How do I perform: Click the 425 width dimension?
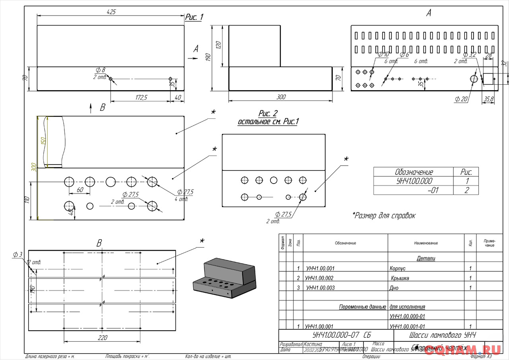[x=111, y=12]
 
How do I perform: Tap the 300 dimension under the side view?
[x=281, y=97]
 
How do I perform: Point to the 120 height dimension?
[x=218, y=45]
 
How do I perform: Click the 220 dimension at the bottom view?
[x=102, y=338]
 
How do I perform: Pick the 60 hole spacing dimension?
[x=80, y=190]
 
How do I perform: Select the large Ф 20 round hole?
[x=474, y=79]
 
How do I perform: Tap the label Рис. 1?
[x=194, y=17]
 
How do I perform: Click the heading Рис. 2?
[x=268, y=114]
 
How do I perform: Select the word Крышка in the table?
[x=400, y=278]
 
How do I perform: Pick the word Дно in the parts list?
[x=394, y=288]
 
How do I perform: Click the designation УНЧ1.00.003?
[x=320, y=288]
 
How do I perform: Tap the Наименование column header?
[x=425, y=243]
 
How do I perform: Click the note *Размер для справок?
[x=384, y=215]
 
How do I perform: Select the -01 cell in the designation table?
[x=433, y=190]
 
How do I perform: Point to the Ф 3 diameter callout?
[x=17, y=255]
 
